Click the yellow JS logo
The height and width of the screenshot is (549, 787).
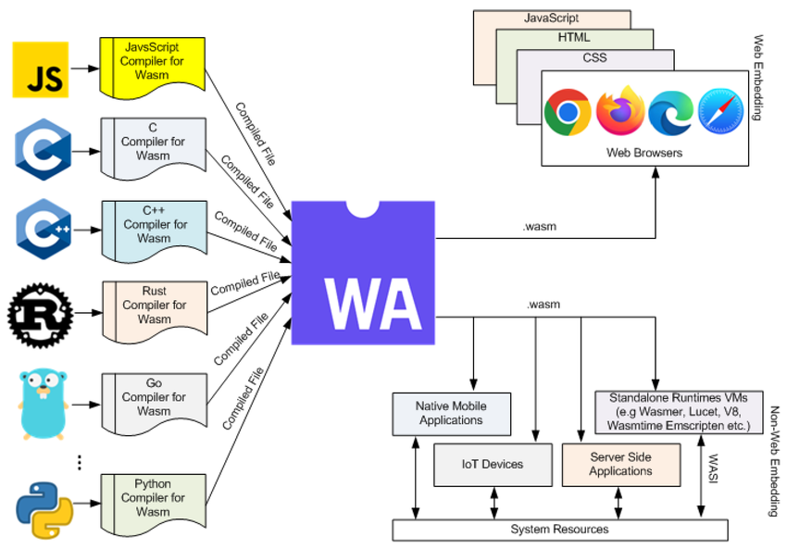coord(40,69)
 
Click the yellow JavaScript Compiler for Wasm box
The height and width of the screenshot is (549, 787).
coord(152,62)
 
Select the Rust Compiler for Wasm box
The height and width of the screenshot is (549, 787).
coord(154,305)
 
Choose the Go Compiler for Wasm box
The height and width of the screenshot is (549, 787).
coord(154,397)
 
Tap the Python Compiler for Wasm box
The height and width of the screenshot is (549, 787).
coord(152,498)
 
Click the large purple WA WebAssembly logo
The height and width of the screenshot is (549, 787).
coord(363,273)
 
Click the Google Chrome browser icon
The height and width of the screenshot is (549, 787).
coord(568,112)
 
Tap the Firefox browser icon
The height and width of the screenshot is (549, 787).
coord(619,111)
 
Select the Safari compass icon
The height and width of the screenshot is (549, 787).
coord(720,111)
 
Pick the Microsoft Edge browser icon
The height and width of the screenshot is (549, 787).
coord(670,112)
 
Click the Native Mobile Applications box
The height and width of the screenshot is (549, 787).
coord(451,413)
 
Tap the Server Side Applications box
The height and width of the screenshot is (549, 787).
coord(620,464)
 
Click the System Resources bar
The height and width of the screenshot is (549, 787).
coord(560,530)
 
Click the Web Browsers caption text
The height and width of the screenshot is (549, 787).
coord(644,152)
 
